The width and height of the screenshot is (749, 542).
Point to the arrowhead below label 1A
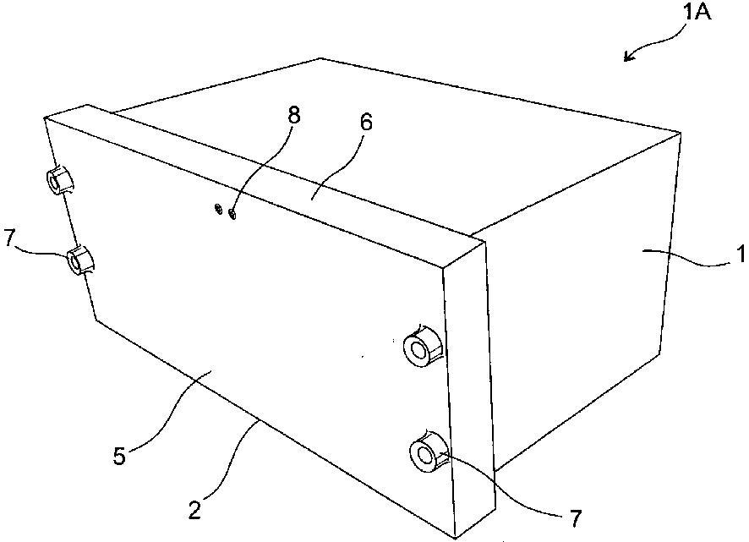pos(630,56)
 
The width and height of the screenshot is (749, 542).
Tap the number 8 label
pos(294,116)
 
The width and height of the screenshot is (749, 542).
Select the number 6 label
pos(365,123)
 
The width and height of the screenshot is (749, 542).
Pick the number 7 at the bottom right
pos(576,518)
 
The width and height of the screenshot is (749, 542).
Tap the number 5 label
pos(119,456)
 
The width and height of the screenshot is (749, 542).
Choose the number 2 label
pos(194,512)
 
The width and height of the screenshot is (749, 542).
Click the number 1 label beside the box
pos(741,254)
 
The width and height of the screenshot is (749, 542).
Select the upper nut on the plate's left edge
pos(60,180)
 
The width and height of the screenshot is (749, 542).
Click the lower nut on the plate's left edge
pos(80,260)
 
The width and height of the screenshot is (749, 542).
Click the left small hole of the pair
pos(218,208)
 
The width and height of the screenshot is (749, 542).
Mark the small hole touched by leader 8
pos(233,214)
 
